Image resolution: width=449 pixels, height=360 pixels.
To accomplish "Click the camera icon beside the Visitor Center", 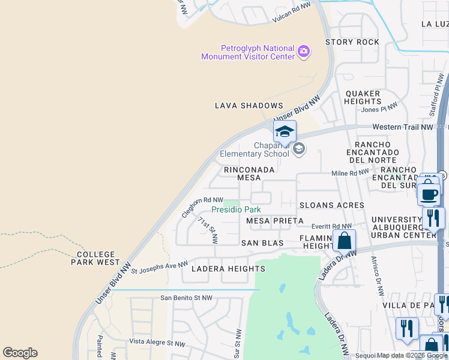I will click(304, 52).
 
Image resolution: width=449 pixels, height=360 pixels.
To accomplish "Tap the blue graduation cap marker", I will click(285, 131).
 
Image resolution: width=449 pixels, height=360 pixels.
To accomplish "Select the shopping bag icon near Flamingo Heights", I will click(345, 241).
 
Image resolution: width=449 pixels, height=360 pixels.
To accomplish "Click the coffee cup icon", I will click(430, 194).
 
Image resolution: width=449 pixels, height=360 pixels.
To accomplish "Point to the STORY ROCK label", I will click(352, 42).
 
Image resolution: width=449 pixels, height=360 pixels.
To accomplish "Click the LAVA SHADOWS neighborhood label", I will click(249, 106).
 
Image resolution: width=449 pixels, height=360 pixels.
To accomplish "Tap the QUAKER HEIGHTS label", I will click(363, 98).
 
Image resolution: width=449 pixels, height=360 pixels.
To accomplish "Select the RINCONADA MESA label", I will click(249, 174).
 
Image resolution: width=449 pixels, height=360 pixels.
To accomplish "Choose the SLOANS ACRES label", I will click(331, 205).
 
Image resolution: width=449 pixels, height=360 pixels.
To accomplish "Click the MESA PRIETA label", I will click(271, 221).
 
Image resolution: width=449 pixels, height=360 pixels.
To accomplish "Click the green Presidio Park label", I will click(236, 210).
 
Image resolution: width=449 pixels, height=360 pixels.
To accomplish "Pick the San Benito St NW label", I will click(186, 298).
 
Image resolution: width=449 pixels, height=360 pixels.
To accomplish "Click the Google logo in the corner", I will click(20, 353).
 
